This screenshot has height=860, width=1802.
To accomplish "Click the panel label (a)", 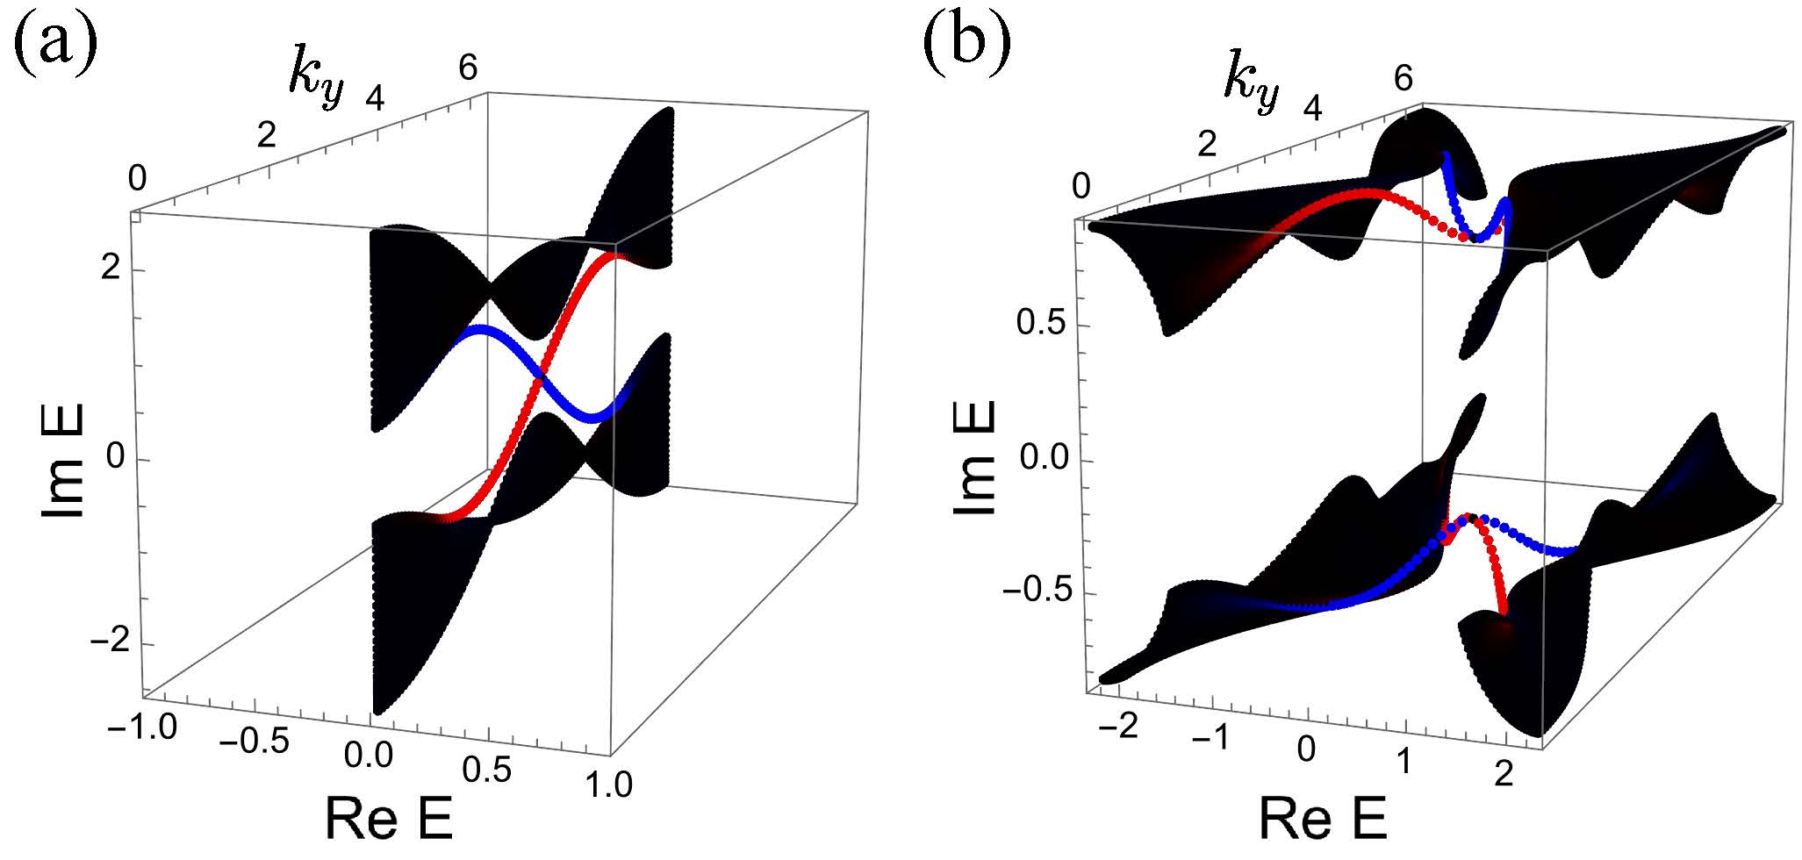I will (x=54, y=44).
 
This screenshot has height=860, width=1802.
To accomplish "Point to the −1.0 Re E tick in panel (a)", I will (x=143, y=728).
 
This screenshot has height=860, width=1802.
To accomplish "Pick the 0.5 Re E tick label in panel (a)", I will (x=486, y=769).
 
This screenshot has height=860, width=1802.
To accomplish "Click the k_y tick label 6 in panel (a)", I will (x=468, y=68).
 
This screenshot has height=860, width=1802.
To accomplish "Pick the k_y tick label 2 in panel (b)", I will (x=1207, y=143).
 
